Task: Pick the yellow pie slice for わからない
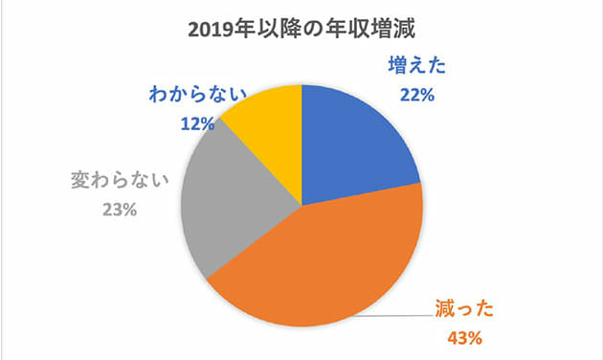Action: tap(268, 124)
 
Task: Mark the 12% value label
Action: tap(198, 123)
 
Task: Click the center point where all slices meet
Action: tap(301, 204)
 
